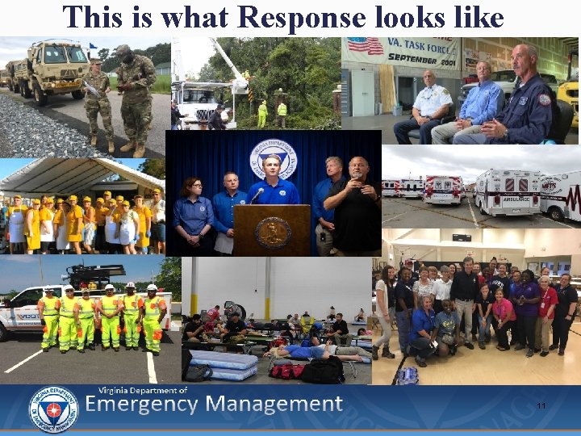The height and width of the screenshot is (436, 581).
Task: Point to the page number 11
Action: (x=541, y=406)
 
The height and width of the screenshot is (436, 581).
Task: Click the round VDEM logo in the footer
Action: (x=52, y=409)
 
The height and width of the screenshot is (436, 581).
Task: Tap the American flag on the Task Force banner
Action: (x=365, y=45)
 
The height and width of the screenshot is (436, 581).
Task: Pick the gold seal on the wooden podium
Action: (x=272, y=232)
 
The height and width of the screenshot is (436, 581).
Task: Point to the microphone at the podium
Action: (x=257, y=195)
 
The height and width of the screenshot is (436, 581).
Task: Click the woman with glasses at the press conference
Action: (x=194, y=214)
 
